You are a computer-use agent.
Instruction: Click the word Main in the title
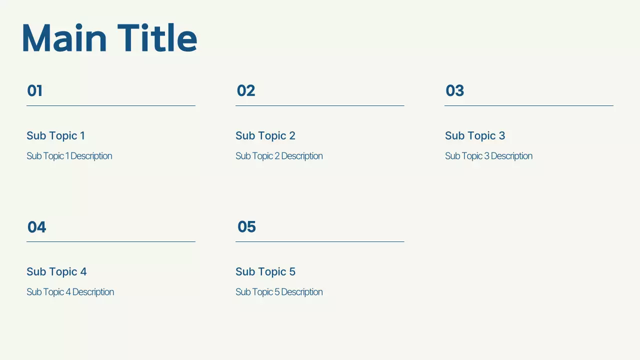coord(64,38)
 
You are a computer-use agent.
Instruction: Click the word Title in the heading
coord(157,38)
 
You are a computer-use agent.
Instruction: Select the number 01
coord(34,91)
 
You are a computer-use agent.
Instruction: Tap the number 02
coord(246,91)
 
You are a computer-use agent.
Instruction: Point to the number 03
coord(455,91)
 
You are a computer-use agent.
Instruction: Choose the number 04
coord(36,227)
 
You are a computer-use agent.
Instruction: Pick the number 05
coord(246,227)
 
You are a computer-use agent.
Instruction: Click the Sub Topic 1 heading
coord(55,135)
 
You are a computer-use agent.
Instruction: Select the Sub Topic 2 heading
coord(265,135)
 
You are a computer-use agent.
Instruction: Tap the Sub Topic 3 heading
coord(475,135)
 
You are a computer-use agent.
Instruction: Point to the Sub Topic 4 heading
coord(56,271)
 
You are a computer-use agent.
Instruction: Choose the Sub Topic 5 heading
coord(265,271)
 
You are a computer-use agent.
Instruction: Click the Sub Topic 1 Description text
coord(69,156)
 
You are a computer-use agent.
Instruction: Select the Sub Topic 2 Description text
coord(279,156)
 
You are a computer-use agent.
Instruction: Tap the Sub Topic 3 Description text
coord(488,156)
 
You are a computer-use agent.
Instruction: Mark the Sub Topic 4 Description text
coord(70,292)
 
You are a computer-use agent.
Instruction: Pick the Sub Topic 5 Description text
coord(279,292)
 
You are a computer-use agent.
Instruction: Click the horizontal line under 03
coord(528,105)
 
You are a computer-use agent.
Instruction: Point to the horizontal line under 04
coord(110,241)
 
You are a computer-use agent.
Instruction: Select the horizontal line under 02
coord(319,105)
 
